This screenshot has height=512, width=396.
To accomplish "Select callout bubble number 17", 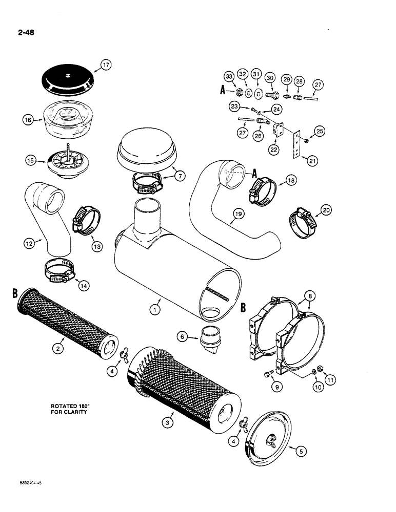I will click(x=106, y=65).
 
